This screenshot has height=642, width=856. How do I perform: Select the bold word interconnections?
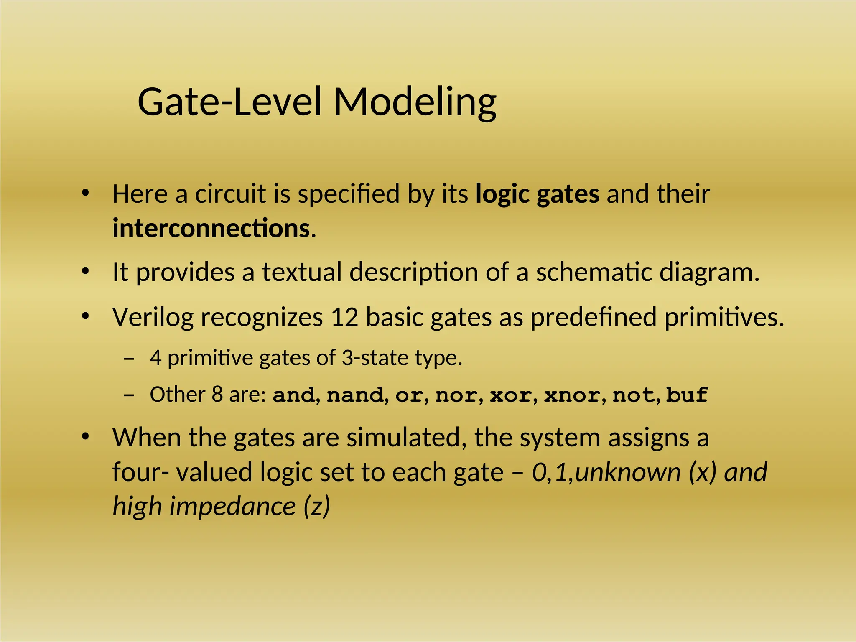coord(211,229)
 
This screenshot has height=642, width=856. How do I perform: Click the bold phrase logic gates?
coord(538,194)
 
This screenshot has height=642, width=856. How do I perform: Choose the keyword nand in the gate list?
coord(355,395)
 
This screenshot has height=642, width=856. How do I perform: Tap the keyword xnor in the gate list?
coord(572,395)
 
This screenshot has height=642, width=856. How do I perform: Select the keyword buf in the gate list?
coord(687,395)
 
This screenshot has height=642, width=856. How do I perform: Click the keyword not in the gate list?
coord(633,395)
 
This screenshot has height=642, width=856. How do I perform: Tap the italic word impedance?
coord(233,507)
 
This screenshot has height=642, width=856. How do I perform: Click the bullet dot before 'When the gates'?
coord(86,437)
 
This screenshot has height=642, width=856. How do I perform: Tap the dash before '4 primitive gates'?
coord(129,359)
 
